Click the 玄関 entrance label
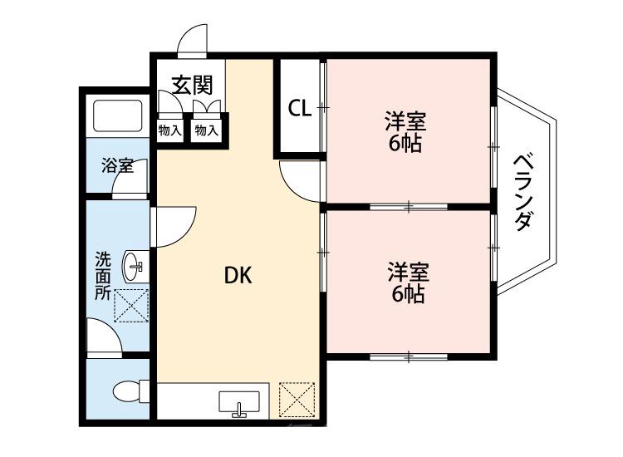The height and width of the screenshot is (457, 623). pyautogui.click(x=192, y=85)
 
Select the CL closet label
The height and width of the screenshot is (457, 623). pyautogui.click(x=300, y=109)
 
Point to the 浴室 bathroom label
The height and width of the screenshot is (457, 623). pyautogui.click(x=117, y=165)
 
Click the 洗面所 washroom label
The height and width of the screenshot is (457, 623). pyautogui.click(x=101, y=274)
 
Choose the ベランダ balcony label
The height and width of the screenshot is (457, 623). pyautogui.click(x=522, y=192)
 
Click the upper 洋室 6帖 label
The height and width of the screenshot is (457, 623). pyautogui.click(x=405, y=132)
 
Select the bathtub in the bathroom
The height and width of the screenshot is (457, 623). pyautogui.click(x=115, y=115)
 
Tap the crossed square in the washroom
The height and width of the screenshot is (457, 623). pyautogui.click(x=130, y=305)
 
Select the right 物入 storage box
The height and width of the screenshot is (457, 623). pyautogui.click(x=206, y=130)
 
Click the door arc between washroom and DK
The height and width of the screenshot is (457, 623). pyautogui.click(x=174, y=224)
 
